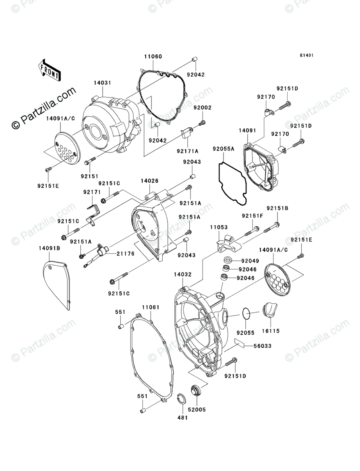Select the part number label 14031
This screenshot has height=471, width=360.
(x=102, y=83)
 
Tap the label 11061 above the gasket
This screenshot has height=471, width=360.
(x=150, y=307)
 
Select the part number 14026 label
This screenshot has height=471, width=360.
(x=149, y=181)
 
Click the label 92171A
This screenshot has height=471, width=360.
(x=187, y=151)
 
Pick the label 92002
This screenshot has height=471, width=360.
(x=202, y=108)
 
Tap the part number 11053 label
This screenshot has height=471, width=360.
(x=218, y=227)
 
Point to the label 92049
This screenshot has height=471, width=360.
(x=250, y=261)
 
